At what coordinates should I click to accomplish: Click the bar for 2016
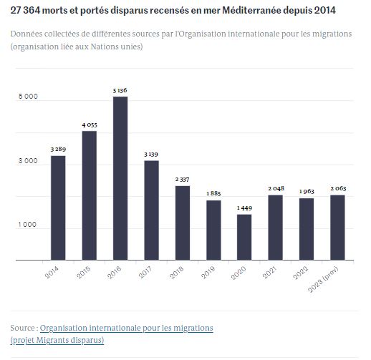point(120,178)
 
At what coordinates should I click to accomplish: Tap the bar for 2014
point(58,208)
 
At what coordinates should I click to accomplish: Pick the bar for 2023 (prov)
point(337,228)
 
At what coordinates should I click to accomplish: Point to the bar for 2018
point(183,223)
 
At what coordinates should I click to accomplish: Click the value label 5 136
point(120,90)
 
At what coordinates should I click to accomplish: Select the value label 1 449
point(244,208)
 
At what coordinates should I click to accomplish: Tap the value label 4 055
point(90,125)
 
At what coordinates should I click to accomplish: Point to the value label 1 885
point(213,194)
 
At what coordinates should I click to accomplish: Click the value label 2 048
point(276,188)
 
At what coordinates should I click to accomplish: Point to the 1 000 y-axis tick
point(28,225)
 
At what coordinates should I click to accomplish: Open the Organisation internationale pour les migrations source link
point(127,327)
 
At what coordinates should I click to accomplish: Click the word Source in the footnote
point(24,327)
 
